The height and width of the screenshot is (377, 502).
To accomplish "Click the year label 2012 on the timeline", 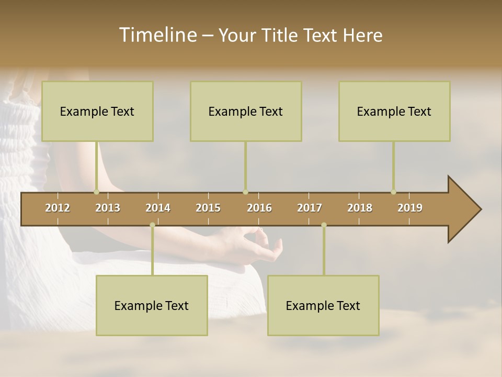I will (x=58, y=208).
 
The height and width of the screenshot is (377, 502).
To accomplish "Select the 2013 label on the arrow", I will (x=108, y=208).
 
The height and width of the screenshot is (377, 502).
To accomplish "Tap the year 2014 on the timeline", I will (x=158, y=208).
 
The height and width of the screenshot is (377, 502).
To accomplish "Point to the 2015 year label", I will (x=208, y=208).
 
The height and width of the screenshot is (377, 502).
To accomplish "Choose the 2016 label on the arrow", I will (x=259, y=208).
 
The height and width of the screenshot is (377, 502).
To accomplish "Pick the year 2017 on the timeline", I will (x=310, y=208).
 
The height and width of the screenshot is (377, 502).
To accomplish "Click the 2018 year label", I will (x=360, y=208).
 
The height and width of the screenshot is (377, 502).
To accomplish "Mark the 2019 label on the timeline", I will (x=410, y=208).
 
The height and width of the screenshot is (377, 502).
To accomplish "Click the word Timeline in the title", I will (x=157, y=35).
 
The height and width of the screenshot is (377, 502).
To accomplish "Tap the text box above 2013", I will (x=97, y=111).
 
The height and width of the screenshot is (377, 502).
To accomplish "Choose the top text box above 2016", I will (x=246, y=111).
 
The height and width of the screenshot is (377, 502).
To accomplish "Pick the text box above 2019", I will (x=394, y=111).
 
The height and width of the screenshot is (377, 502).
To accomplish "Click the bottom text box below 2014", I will (x=152, y=305).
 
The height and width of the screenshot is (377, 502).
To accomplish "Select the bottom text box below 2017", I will (x=323, y=305).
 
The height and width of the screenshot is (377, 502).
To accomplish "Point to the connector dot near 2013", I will (x=96, y=192).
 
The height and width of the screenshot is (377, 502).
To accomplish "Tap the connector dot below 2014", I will (x=152, y=225).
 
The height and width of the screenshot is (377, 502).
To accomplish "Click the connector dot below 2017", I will (x=324, y=225).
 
